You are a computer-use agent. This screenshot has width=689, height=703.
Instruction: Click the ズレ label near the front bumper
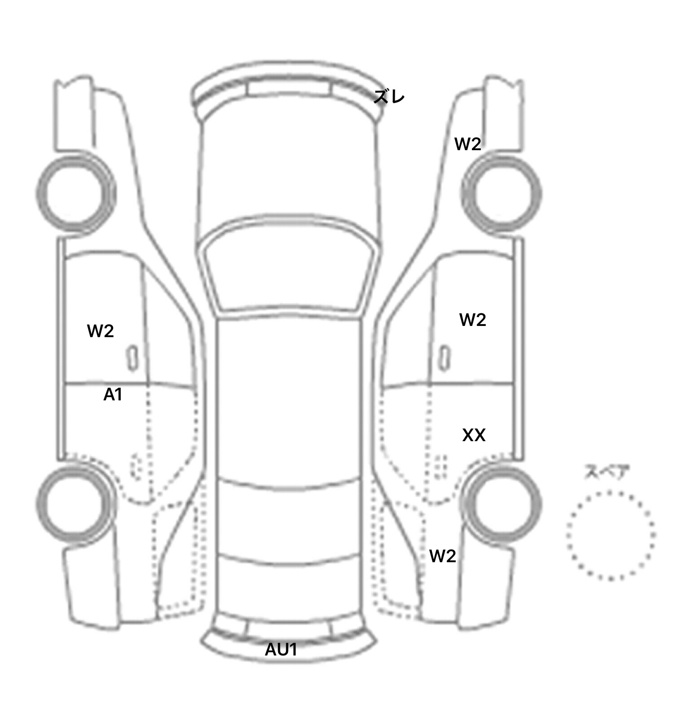click(389, 97)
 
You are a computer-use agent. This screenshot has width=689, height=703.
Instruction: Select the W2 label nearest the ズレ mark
click(468, 144)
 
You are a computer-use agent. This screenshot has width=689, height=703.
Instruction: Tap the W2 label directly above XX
click(473, 320)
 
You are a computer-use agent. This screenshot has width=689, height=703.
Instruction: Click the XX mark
click(474, 435)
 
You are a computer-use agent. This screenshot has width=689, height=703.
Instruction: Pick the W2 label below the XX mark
click(443, 556)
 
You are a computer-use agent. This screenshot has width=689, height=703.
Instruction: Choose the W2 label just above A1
click(100, 331)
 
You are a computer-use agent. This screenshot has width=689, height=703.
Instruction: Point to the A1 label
click(113, 395)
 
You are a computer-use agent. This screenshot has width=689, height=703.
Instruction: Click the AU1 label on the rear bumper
click(281, 650)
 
